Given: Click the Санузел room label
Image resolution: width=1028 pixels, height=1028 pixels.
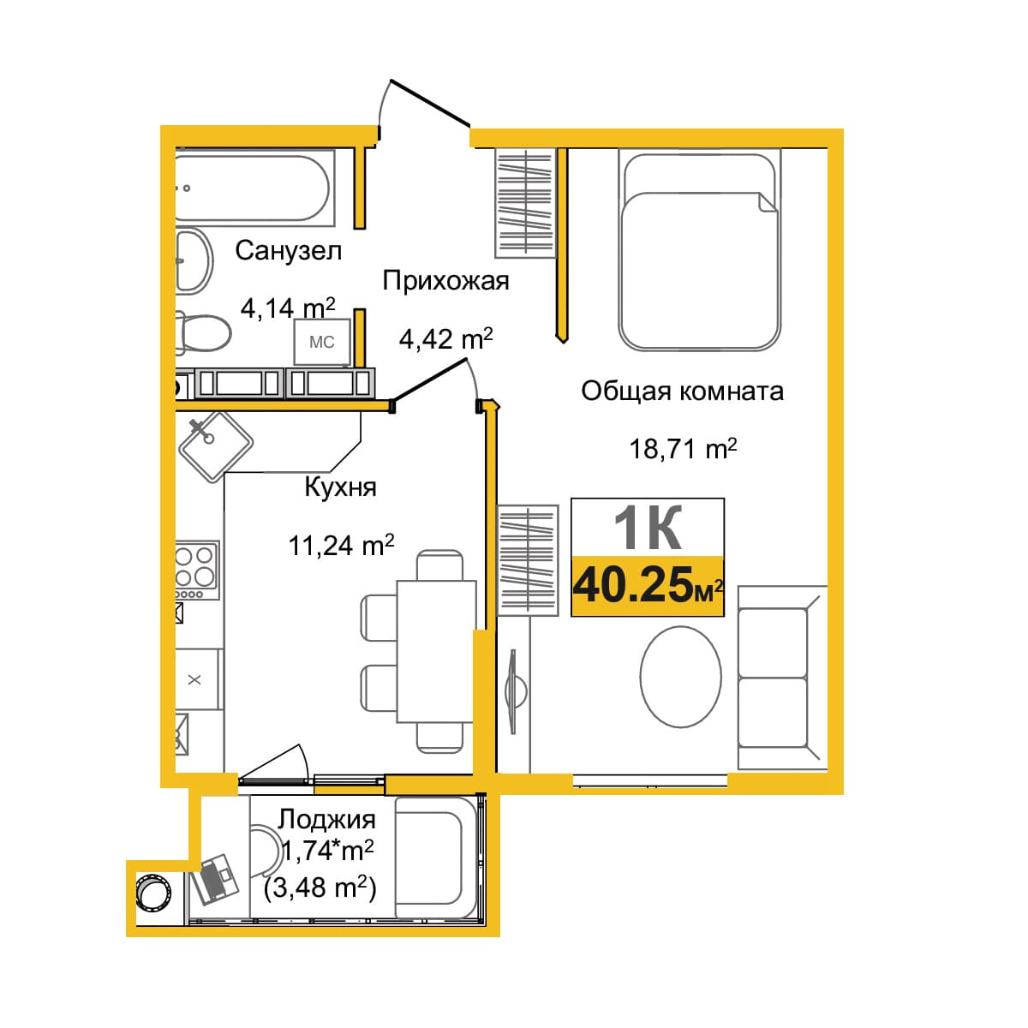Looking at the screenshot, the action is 288,250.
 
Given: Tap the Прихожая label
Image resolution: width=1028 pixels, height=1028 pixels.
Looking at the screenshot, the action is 446,281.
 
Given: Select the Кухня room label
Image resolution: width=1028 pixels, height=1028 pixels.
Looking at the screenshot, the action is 340,487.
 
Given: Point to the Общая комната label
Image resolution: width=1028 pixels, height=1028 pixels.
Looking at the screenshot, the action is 682,391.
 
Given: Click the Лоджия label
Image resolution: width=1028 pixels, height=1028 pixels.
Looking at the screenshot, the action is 326,819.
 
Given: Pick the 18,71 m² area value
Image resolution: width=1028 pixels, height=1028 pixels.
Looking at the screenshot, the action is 684,448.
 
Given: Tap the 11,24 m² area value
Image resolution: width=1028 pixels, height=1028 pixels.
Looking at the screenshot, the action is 342,545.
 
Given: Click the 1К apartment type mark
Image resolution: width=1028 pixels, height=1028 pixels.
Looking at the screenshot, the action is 648,528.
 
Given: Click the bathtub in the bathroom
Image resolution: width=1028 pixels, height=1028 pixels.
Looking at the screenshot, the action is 254,188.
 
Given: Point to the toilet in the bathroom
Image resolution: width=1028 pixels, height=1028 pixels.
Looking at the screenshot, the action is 203,333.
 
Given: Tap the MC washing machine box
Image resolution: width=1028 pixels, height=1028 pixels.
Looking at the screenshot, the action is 322,342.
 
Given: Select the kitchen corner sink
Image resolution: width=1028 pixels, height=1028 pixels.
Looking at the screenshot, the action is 216,447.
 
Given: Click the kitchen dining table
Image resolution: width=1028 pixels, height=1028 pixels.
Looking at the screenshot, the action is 436,651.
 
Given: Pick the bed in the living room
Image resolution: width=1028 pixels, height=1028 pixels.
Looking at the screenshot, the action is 699,250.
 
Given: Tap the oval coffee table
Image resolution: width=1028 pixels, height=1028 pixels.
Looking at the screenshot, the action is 681,677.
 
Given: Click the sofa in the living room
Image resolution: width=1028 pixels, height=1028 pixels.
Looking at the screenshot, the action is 782,678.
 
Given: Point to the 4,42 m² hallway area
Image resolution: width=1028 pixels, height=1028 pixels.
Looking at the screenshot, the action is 446,338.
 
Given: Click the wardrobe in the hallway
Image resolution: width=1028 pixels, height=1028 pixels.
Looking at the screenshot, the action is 525,203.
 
